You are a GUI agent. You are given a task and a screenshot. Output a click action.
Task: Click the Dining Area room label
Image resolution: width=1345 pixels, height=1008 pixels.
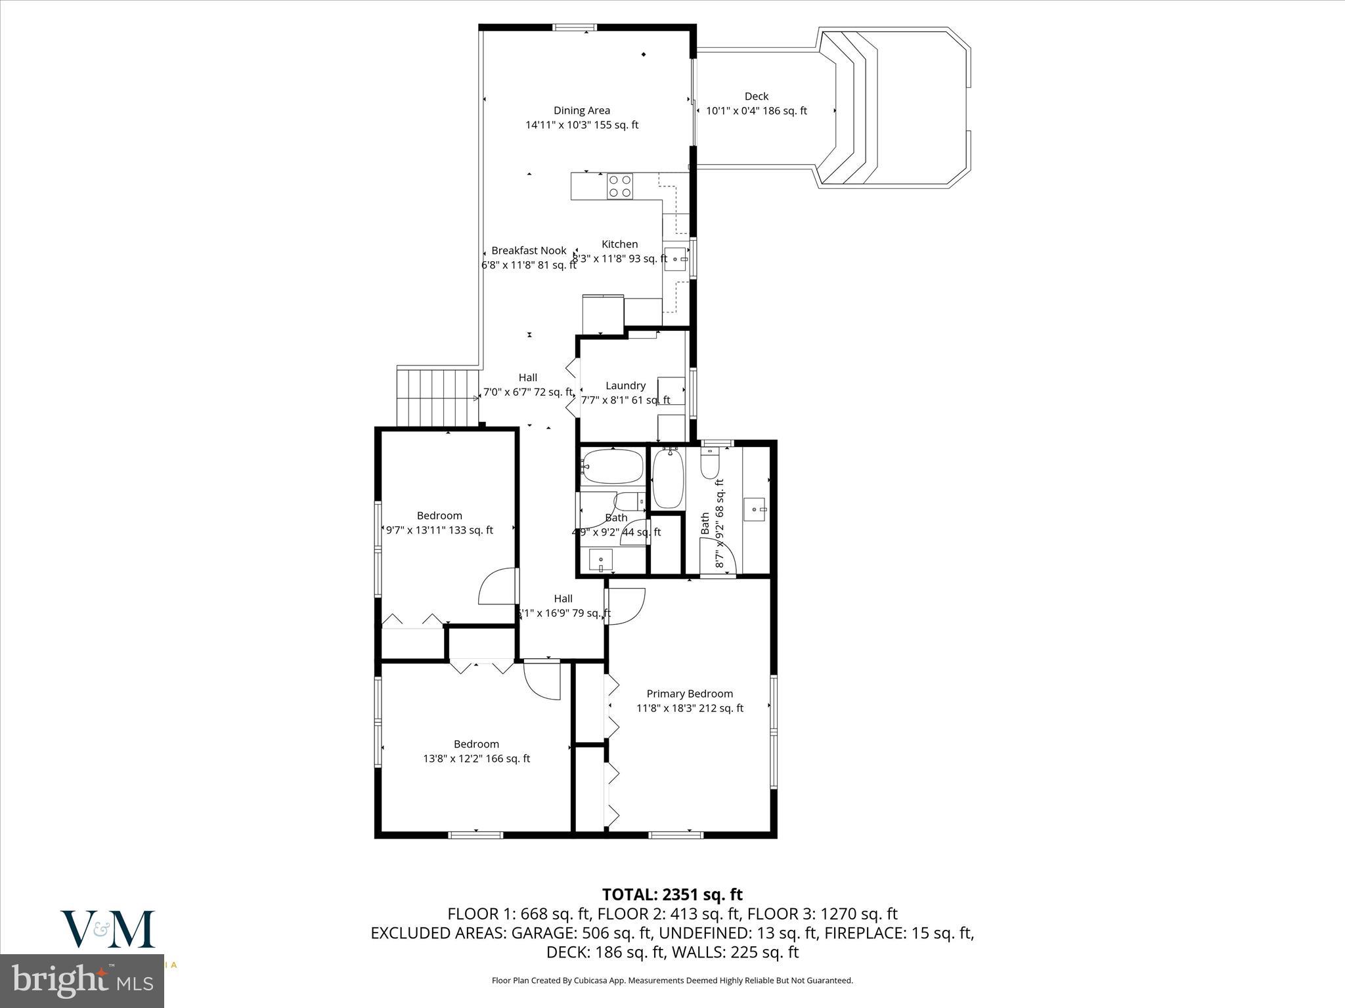[581, 111]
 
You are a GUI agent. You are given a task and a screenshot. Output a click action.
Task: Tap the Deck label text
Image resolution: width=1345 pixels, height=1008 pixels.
[756, 96]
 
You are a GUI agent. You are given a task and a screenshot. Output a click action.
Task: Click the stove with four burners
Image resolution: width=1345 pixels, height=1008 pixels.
[619, 186]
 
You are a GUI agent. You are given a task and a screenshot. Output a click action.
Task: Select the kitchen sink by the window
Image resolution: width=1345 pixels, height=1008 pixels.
[674, 259]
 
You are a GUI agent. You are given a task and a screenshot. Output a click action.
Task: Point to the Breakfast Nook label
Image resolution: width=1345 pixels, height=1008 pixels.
[529, 251]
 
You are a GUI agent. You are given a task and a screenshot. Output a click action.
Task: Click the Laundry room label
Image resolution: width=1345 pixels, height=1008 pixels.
[625, 386]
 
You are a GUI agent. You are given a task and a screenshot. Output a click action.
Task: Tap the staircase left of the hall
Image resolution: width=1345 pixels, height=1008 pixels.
[437, 397]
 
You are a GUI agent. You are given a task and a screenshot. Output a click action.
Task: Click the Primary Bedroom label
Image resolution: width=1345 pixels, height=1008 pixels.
[690, 694]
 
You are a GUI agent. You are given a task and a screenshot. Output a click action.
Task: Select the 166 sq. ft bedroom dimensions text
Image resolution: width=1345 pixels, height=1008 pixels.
[476, 759]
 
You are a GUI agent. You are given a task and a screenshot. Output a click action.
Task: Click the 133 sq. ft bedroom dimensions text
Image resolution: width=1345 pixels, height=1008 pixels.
[439, 530]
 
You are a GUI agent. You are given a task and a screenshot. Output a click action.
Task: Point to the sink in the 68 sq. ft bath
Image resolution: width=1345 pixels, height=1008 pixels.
[755, 509]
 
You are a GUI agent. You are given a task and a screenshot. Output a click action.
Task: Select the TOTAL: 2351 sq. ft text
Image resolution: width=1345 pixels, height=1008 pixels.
[672, 894]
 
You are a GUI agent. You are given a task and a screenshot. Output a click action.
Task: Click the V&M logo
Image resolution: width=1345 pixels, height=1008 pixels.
[108, 929]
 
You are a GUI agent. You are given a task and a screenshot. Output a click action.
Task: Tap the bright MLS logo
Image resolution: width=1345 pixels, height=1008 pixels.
[82, 982]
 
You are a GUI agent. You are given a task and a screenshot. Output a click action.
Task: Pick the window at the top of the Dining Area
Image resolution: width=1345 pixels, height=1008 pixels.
[574, 28]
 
